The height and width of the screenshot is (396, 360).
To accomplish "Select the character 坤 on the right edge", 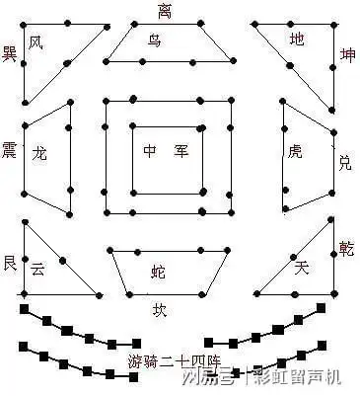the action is tap(346, 54).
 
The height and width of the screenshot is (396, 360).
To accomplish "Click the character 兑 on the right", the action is tap(344, 161).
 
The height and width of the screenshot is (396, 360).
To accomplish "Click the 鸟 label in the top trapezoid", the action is tap(154, 40).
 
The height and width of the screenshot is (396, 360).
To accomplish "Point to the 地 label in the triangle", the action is tap(297, 40).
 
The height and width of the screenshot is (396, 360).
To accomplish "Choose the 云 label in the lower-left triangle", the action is tap(37, 268).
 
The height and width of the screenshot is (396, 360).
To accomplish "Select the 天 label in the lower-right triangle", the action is tap(302, 267).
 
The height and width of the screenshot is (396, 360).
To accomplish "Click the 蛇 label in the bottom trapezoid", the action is tap(159, 270).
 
